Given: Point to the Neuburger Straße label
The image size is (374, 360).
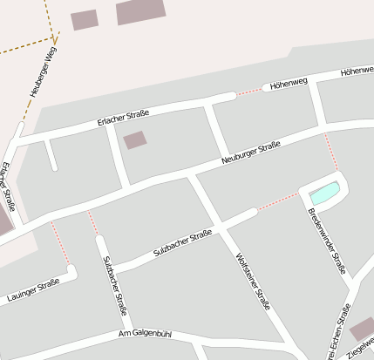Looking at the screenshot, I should pyautogui.click(x=250, y=153).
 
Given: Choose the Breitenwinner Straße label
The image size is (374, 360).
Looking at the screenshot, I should pyautogui.click(x=327, y=241).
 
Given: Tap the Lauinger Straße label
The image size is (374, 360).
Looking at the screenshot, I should pyautogui.click(x=32, y=289).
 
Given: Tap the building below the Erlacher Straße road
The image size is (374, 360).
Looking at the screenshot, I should pyautogui.click(x=134, y=140).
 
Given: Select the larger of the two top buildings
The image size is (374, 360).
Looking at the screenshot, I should pyautogui.click(x=140, y=10).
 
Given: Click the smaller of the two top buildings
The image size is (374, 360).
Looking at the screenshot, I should pyautogui.click(x=85, y=19).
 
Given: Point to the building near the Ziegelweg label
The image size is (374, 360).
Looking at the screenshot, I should pyautogui.click(x=361, y=329).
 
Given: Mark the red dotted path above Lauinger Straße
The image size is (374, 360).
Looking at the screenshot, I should pyautogui.click(x=59, y=243).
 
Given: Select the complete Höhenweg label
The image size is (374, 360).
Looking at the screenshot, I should pyautogui.click(x=289, y=85).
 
